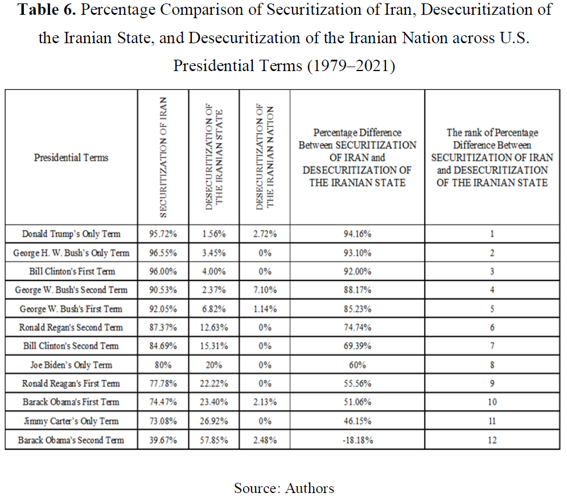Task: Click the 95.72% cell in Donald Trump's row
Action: [163, 234]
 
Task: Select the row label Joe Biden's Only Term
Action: [71, 365]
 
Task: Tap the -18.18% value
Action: [358, 440]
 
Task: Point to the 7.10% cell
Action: [265, 290]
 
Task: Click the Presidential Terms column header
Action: [71, 158]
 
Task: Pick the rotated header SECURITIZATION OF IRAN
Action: [163, 157]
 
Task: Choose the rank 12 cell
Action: [492, 440]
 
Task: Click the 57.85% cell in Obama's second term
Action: [213, 440]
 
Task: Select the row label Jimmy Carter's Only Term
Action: [71, 421]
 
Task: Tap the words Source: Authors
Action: [284, 488]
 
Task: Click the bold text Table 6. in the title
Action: [47, 10]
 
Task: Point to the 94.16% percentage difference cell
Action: [358, 234]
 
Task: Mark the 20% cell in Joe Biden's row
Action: [213, 365]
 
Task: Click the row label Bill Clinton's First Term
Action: [72, 271]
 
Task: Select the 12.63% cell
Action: [213, 328]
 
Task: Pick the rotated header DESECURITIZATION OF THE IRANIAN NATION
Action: [265, 157]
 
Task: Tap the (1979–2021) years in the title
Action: [351, 66]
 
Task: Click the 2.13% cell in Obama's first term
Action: [265, 402]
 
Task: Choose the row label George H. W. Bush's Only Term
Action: [71, 253]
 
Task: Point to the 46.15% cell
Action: [358, 421]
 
